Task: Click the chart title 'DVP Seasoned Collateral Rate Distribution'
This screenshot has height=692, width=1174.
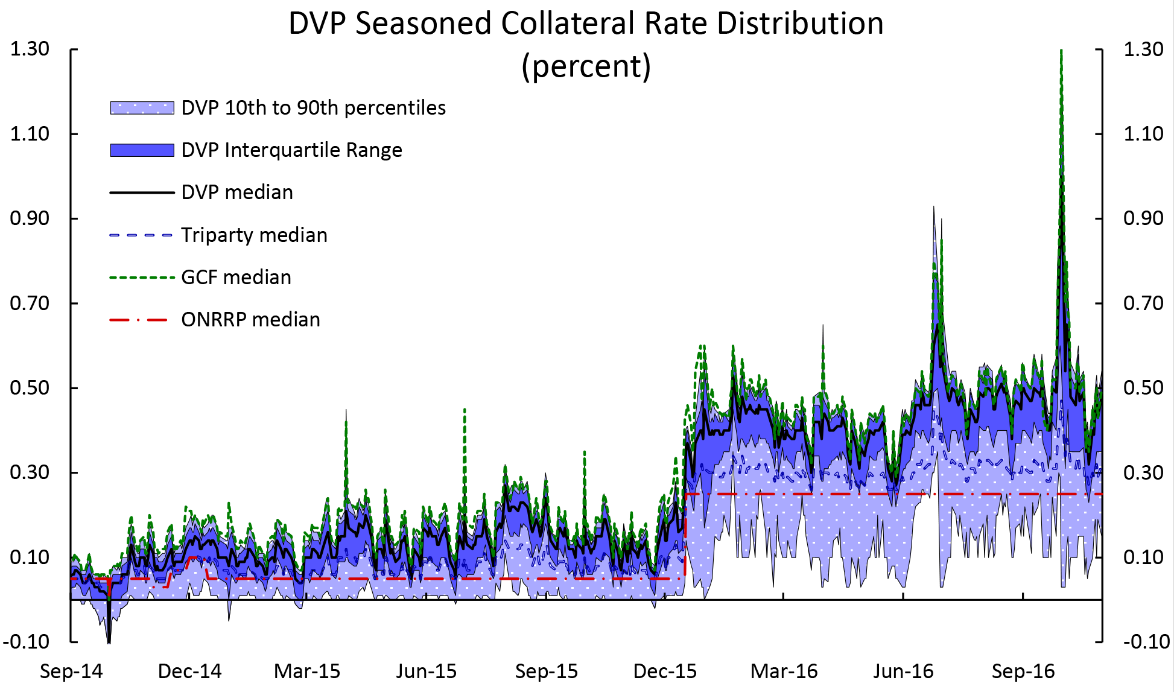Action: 586,24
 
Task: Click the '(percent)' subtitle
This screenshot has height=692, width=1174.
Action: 586,66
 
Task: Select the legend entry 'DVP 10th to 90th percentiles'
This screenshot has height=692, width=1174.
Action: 313,108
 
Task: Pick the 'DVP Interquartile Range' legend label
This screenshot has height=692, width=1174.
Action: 291,150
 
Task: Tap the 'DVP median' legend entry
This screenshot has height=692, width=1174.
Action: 236,192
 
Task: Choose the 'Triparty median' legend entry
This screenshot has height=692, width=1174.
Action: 254,235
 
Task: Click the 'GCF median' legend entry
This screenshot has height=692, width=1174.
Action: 236,278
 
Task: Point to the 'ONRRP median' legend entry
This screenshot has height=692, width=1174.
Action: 250,320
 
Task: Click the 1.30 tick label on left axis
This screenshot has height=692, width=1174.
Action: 29,49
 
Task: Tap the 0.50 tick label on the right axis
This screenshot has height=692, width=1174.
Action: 1143,388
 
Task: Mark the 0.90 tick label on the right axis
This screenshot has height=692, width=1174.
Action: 1143,218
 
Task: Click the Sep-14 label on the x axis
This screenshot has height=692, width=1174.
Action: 71,671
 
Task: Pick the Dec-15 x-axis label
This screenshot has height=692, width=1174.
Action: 665,671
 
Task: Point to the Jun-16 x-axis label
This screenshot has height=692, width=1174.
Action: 903,671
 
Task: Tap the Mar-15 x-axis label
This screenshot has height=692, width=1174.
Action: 307,671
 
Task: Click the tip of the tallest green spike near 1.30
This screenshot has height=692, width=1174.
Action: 1061,51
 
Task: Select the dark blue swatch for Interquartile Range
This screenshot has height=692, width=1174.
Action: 142,150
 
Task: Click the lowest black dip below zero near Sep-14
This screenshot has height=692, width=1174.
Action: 109,643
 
